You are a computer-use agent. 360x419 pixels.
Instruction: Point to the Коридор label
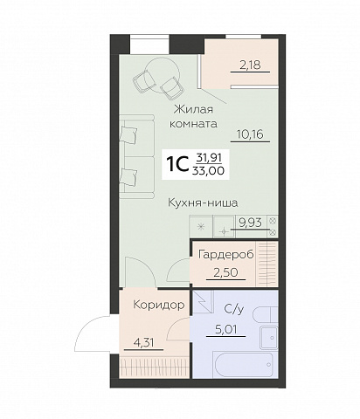click(159, 306)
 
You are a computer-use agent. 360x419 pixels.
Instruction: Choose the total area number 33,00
click(209, 171)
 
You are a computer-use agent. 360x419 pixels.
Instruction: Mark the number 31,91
click(209, 157)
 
